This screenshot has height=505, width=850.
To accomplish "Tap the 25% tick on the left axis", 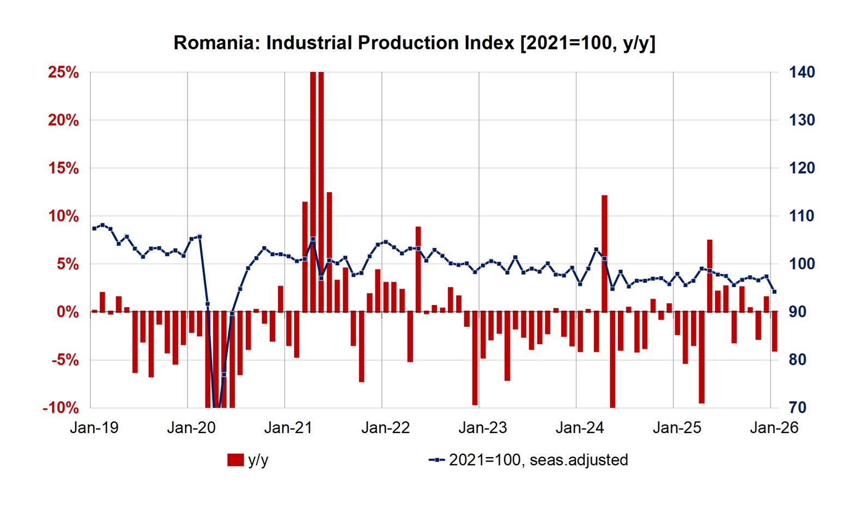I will pyautogui.click(x=63, y=72).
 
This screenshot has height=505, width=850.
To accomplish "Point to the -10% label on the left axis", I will pyautogui.click(x=60, y=407).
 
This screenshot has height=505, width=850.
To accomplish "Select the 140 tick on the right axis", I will pyautogui.click(x=802, y=72).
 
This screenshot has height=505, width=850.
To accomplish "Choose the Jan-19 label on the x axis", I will pyautogui.click(x=94, y=428).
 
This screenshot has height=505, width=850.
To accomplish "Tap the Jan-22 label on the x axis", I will pyautogui.click(x=386, y=428).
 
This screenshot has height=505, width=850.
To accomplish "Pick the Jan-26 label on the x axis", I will pyautogui.click(x=774, y=428).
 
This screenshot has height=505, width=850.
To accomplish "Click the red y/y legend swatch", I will pyautogui.click(x=235, y=460).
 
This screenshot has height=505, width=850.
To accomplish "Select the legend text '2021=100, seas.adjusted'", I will pyautogui.click(x=538, y=460).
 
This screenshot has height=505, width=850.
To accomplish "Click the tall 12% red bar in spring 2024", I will pyautogui.click(x=604, y=253).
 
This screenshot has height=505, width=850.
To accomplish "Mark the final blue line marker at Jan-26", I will pyautogui.click(x=774, y=292).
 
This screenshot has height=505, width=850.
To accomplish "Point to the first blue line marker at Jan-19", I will pyautogui.click(x=94, y=228).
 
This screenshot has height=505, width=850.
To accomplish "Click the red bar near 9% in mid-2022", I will pyautogui.click(x=418, y=269).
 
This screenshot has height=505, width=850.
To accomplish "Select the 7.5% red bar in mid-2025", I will pyautogui.click(x=709, y=276).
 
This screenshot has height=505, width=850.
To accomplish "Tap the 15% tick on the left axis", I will pyautogui.click(x=63, y=168).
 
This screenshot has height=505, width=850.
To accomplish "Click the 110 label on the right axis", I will pyautogui.click(x=802, y=216).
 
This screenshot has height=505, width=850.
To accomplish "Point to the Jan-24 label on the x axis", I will pyautogui.click(x=580, y=428).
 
